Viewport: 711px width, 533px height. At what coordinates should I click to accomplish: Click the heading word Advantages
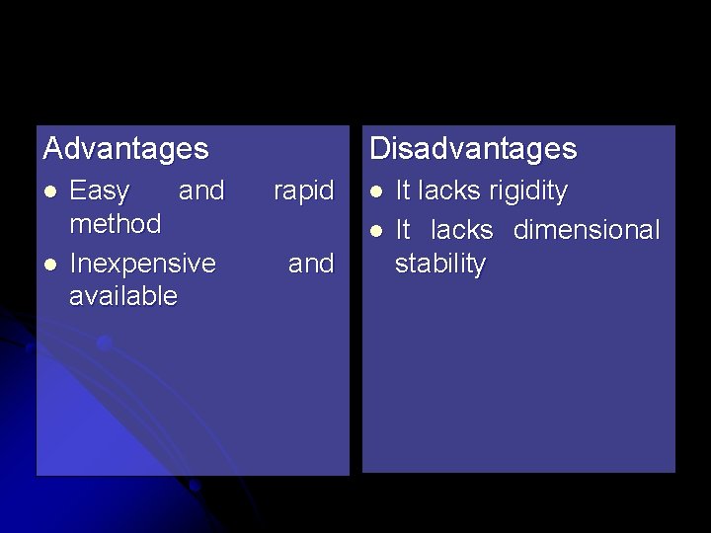click(x=126, y=149)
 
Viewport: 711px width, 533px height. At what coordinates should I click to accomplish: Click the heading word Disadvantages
click(x=473, y=149)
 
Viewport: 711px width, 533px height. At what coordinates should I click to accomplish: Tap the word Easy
click(x=100, y=190)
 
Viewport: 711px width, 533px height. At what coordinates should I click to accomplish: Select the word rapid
click(x=304, y=190)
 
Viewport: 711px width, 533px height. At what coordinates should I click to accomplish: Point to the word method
click(x=116, y=224)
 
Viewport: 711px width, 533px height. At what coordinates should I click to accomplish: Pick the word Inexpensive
click(x=143, y=264)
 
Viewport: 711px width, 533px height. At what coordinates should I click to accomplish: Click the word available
click(x=123, y=296)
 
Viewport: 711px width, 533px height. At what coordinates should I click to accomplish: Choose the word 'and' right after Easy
click(x=201, y=190)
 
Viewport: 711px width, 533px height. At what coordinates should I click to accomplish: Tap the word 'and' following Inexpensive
click(x=311, y=264)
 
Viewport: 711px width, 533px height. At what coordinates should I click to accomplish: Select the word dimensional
click(x=587, y=230)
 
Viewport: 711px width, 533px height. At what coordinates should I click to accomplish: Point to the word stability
click(x=440, y=264)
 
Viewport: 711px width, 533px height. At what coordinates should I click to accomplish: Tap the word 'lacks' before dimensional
click(x=462, y=230)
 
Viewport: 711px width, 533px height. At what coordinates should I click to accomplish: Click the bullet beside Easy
click(x=51, y=190)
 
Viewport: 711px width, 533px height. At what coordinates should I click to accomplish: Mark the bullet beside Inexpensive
click(x=51, y=264)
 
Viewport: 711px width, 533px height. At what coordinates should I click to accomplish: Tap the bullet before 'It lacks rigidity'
click(x=376, y=190)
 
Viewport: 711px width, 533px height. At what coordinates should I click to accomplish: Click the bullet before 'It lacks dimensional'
click(x=376, y=231)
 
